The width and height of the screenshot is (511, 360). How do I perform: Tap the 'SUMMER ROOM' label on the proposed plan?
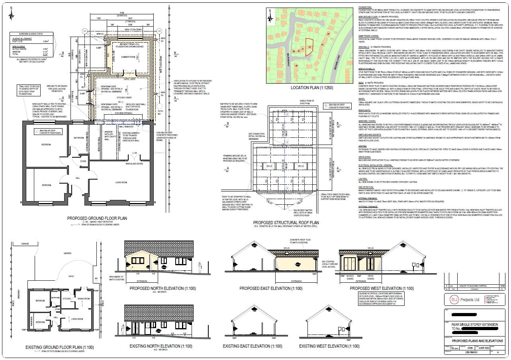[x=128, y=57]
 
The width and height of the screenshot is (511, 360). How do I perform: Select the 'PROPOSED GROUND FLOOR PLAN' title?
[x=97, y=218]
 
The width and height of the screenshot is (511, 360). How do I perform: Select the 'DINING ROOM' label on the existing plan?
[x=84, y=298]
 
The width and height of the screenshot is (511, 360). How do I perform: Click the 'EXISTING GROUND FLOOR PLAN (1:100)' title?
[x=59, y=347]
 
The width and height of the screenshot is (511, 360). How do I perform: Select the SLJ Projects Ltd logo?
[x=461, y=299]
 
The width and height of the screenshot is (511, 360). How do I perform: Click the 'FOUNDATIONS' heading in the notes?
[x=365, y=7]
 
